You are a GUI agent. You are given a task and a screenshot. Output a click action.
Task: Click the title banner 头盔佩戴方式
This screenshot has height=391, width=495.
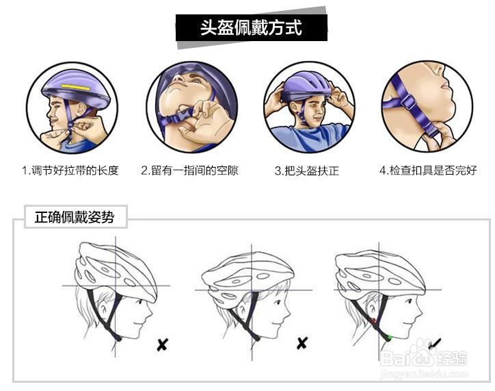coord(251,29)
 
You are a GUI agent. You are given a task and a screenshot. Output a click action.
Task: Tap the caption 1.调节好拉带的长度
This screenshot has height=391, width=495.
coord(70,171)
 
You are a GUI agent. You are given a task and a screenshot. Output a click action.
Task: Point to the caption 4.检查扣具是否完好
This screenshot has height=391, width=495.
coord(428,171)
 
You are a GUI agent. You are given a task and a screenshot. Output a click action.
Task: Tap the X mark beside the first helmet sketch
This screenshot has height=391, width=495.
coord(162,344)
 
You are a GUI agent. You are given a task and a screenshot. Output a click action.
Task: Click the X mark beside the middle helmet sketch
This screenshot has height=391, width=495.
coord(302,343)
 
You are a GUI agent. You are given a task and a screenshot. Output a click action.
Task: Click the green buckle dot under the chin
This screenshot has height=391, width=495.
coord(388,337)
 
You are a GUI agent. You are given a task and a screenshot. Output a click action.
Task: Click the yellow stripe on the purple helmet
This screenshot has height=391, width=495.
coord(75,88)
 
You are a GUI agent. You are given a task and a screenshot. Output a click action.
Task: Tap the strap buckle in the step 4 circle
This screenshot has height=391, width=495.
coord(409,103)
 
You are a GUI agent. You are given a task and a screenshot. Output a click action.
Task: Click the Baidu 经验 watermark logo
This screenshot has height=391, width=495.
coord(424,358)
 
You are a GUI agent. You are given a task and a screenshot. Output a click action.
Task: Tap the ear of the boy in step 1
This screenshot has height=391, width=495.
coord(81,111)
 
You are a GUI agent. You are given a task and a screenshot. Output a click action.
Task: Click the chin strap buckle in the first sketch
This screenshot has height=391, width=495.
coord(118,338)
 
